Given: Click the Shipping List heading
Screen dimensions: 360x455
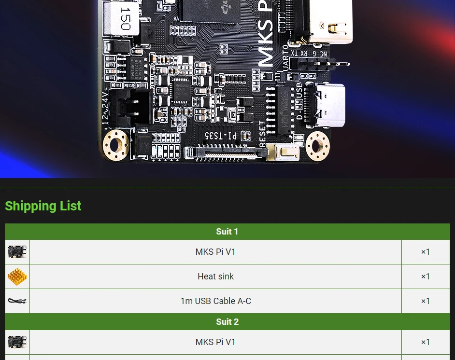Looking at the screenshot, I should (x=43, y=206).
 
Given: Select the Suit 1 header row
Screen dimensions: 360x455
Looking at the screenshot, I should (x=227, y=232).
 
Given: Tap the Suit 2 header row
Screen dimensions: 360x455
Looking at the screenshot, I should (x=227, y=322).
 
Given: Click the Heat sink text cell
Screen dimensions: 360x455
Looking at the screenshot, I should (x=215, y=277).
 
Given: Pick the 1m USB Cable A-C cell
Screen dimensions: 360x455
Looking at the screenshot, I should (x=215, y=301).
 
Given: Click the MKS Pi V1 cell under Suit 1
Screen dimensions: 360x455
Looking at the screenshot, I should (x=215, y=252).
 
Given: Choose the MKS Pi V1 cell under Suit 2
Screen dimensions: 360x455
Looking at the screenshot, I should (x=215, y=342).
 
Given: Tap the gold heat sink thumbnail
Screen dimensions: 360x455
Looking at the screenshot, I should (x=17, y=277).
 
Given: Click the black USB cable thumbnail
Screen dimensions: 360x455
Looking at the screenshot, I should (x=17, y=301).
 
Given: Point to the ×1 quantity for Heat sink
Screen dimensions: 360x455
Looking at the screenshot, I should (x=425, y=277).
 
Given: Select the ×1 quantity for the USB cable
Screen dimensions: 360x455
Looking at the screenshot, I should (x=425, y=301).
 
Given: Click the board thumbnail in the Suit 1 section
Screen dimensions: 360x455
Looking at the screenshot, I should (x=17, y=252).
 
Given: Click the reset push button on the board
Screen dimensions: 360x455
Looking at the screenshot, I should (x=283, y=152).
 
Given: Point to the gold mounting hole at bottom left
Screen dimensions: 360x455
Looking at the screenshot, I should (x=116, y=143).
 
